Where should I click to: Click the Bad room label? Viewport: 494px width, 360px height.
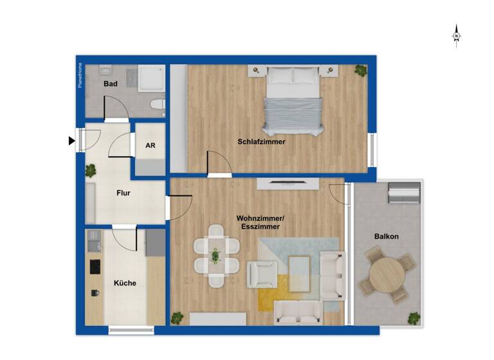[110, 84]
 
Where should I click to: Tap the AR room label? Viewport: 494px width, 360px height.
[151, 146]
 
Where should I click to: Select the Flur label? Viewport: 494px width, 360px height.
[125, 192]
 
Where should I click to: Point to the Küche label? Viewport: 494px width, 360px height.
[125, 283]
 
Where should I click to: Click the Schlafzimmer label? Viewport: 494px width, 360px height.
[261, 141]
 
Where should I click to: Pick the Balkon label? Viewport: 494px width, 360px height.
[387, 237]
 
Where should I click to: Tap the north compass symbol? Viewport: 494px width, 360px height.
[456, 35]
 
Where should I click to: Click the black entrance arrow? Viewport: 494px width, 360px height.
[71, 141]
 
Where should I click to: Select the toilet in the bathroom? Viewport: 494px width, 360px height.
[156, 104]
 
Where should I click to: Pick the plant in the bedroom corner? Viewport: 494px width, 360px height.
[360, 69]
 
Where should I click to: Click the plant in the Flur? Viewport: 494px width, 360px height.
[91, 170]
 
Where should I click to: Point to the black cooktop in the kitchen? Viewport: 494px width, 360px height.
[95, 266]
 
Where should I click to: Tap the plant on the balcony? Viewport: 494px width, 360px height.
[413, 318]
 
